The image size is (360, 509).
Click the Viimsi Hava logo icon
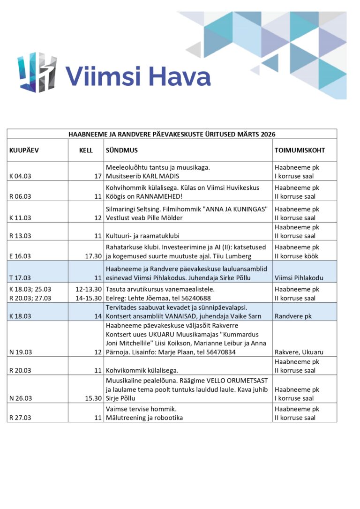click(x=37, y=72)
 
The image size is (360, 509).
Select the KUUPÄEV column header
click(x=24, y=150)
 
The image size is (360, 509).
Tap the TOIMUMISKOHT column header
click(x=300, y=150)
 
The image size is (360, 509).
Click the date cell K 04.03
click(x=20, y=176)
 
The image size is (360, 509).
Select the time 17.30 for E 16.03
click(x=93, y=256)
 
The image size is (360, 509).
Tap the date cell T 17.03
click(x=20, y=277)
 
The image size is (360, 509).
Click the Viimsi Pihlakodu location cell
click(x=299, y=277)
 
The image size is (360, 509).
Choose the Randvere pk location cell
click(x=293, y=316)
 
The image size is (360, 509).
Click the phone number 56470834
click(x=220, y=352)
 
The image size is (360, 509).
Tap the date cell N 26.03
click(x=20, y=398)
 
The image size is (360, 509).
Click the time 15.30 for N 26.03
click(x=93, y=398)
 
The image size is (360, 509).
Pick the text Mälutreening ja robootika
click(x=144, y=418)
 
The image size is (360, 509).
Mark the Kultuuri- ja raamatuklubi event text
click(x=146, y=236)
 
